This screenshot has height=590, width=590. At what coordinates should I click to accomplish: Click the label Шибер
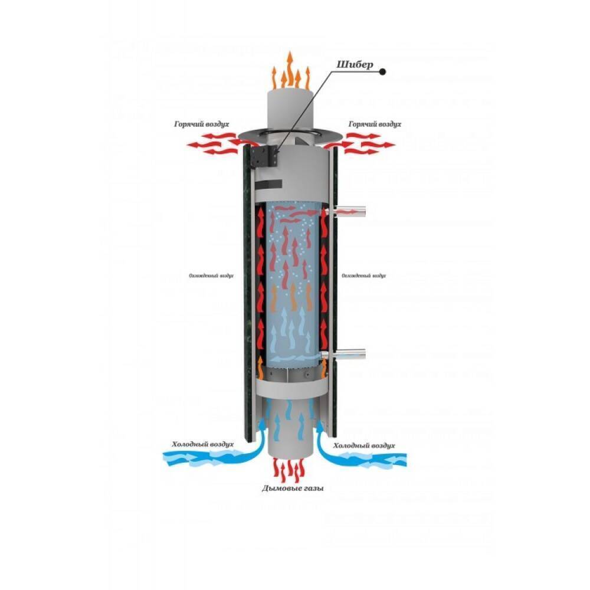tap(355, 65)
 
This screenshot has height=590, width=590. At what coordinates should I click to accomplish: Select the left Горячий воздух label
tap(201, 125)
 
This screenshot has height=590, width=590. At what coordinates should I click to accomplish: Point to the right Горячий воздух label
tap(375, 125)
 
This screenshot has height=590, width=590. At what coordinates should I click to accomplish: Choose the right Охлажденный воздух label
tap(364, 275)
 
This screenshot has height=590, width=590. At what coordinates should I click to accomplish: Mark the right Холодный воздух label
tap(364, 445)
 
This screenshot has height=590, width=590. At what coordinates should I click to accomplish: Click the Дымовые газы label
tap(288, 489)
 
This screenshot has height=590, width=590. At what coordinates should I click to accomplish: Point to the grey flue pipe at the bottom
tap(289, 437)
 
